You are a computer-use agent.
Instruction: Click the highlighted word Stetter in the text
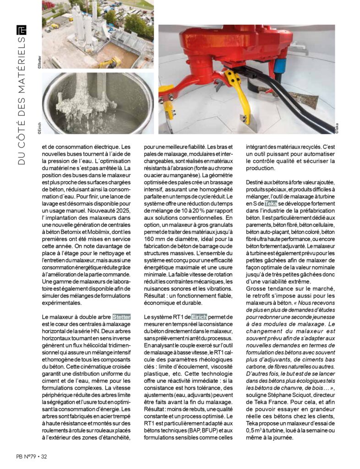122,316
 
